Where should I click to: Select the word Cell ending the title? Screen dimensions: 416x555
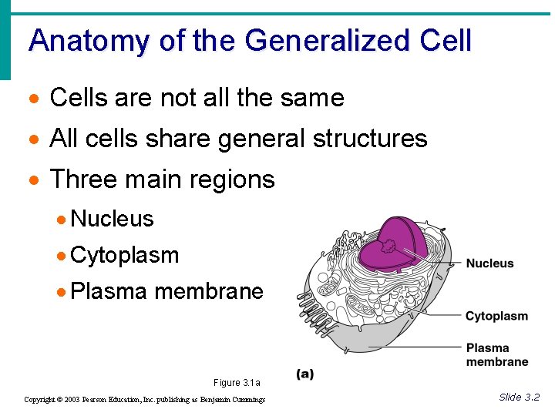pos(446,40)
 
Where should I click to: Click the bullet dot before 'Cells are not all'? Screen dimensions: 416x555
pos(32,99)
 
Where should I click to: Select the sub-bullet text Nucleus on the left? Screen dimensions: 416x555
pos(112,219)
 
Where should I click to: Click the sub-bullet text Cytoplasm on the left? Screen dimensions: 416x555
pos(124,255)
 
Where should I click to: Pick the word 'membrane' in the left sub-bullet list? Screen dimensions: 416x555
pos(209,291)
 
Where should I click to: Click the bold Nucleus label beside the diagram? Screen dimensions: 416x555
pos(489,263)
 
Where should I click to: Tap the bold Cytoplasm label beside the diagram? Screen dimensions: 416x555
pos(496,316)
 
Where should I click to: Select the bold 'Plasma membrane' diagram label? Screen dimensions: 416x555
pos(497,354)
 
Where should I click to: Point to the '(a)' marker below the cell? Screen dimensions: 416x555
pos(305,374)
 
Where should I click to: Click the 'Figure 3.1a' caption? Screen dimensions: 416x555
pos(237,383)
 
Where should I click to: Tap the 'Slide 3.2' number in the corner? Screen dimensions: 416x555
pos(519,397)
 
